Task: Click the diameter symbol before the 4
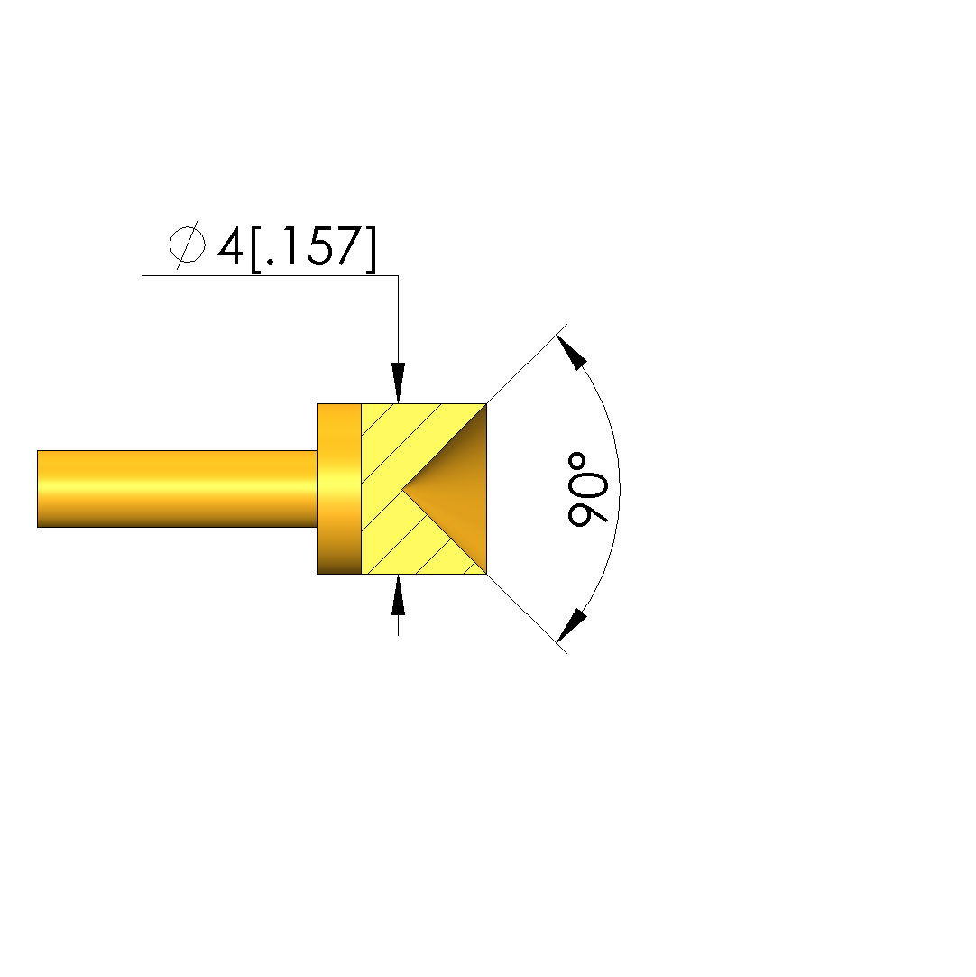click(x=188, y=244)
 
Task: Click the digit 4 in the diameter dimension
click(x=230, y=245)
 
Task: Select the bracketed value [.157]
click(x=313, y=248)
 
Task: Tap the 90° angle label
click(x=587, y=489)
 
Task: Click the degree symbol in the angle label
click(x=577, y=462)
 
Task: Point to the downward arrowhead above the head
click(x=398, y=383)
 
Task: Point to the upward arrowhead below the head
click(x=398, y=595)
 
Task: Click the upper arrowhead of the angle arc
click(x=571, y=352)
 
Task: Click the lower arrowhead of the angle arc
click(x=571, y=625)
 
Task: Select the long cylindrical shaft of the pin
click(x=177, y=489)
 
